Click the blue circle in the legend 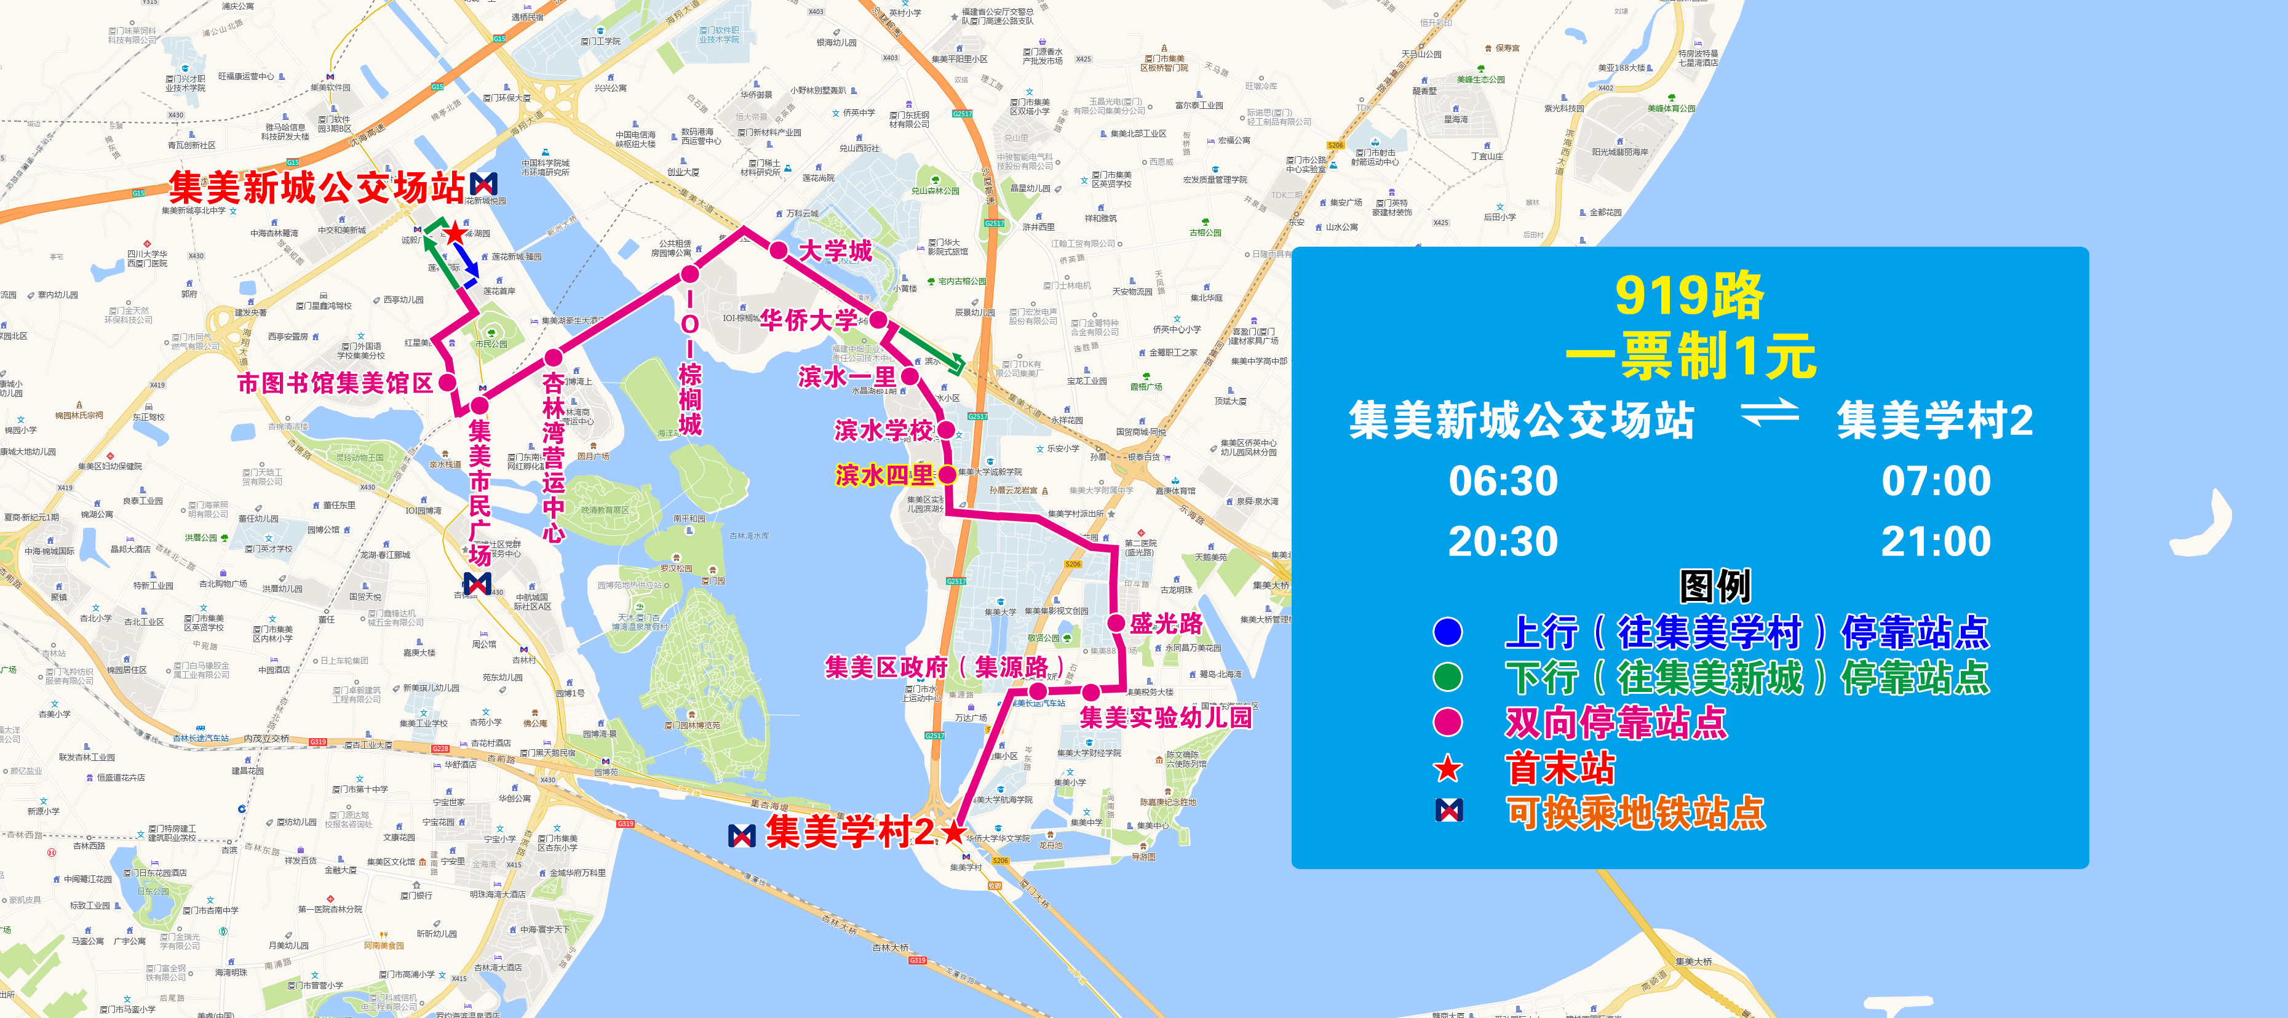coord(1448,632)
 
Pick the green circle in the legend coord(1448,677)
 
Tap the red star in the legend coord(1448,768)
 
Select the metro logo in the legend coord(1448,810)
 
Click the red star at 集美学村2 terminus coord(954,832)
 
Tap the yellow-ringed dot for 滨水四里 coord(948,474)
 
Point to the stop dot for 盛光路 coord(1116,624)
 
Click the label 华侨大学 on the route coord(808,320)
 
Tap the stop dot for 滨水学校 coord(946,430)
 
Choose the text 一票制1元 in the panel coord(1690,356)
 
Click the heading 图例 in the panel coord(1714,586)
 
